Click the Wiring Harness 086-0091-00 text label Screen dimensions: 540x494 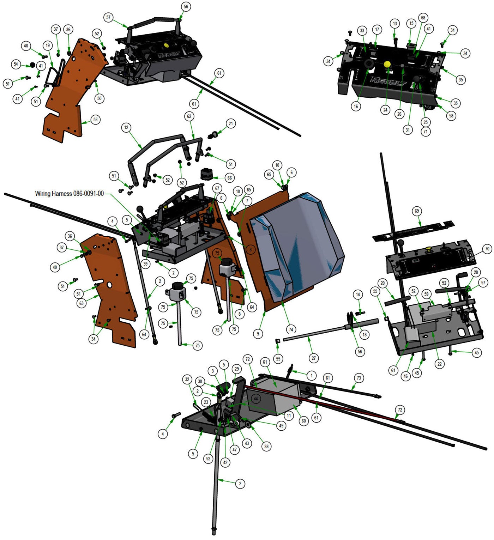click(70, 194)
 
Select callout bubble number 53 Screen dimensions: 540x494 click(95, 120)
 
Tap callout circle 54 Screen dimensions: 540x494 click(16, 64)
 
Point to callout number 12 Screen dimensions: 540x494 click(126, 128)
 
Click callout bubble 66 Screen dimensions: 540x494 click(229, 178)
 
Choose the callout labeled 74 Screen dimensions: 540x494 click(291, 330)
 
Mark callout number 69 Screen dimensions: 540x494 click(417, 211)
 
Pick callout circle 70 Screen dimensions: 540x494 click(487, 249)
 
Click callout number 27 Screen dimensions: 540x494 click(314, 358)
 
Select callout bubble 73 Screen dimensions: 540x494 click(359, 378)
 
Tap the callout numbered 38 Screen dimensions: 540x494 click(266, 446)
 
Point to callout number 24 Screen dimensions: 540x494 click(385, 110)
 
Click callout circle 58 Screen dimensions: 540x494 click(451, 115)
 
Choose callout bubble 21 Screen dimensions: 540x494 click(231, 123)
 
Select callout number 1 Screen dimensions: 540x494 click(311, 376)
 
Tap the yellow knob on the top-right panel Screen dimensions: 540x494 click(387, 64)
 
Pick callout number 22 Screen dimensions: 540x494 click(439, 364)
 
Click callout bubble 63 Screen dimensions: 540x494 click(82, 303)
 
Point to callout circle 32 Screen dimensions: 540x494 click(187, 380)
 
